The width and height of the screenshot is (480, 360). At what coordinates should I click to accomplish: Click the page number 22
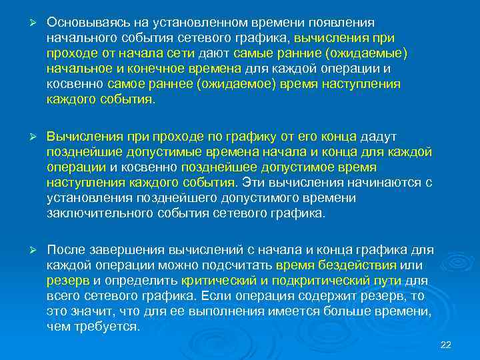click(x=447, y=344)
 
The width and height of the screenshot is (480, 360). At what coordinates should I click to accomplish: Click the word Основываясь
click(x=85, y=22)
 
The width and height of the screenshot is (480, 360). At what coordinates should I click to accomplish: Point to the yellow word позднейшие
click(x=82, y=152)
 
